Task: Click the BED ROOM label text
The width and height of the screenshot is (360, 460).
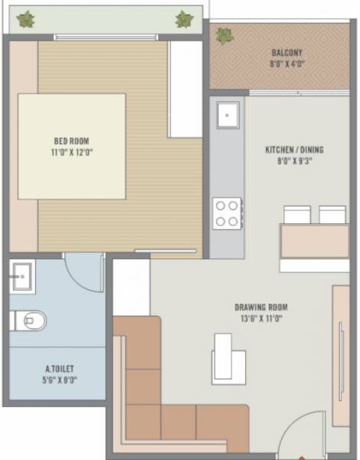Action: coord(73,140)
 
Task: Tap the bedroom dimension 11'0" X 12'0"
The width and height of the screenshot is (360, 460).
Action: coord(73,152)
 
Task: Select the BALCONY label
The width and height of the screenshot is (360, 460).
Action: coord(286,53)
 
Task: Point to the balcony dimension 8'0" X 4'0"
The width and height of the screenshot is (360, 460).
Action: coord(286,64)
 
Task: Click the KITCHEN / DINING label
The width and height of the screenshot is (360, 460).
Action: coord(289,149)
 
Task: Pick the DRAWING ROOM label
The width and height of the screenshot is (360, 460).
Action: coord(261,307)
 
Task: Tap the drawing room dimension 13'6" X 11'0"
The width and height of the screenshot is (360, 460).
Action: coord(261,319)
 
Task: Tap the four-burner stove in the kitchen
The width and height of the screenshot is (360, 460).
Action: coord(227,212)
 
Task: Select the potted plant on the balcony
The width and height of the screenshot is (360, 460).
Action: coord(224,34)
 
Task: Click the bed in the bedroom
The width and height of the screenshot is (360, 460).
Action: coord(72,146)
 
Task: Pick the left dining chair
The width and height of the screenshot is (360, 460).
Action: coord(297,215)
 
